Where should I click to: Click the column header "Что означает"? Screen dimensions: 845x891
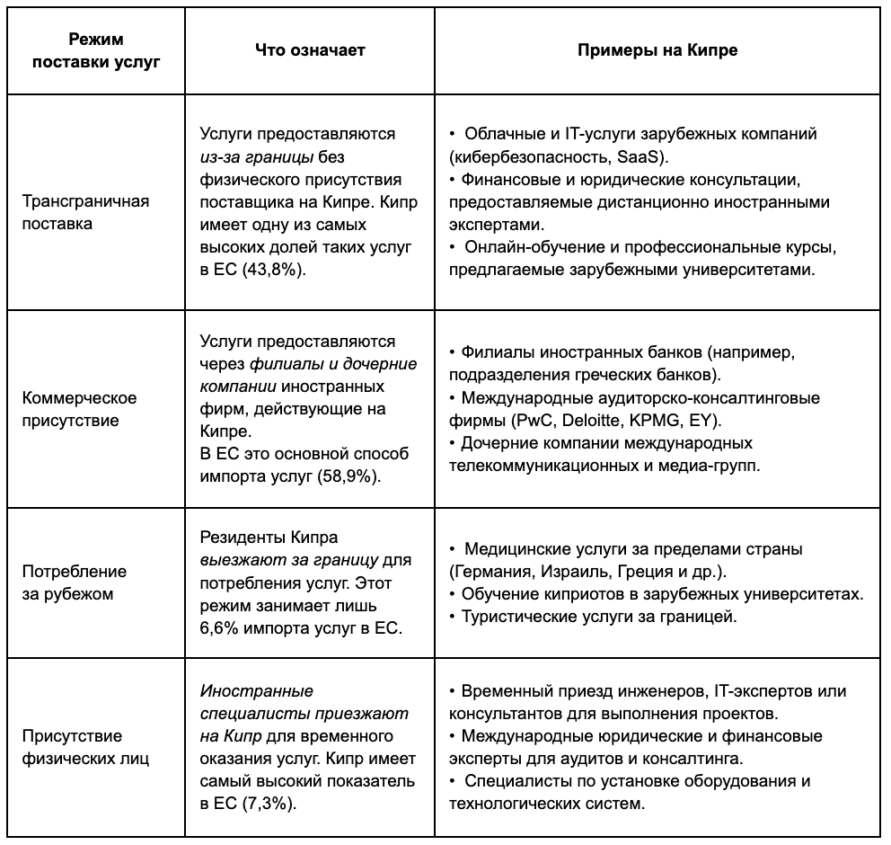311,50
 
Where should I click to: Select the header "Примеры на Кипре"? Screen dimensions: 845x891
657,50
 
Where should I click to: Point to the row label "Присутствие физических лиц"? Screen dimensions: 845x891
73,747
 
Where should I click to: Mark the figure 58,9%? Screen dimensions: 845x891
350,476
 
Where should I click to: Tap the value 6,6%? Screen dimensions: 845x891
216,627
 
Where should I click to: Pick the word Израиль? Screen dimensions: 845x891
581,571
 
